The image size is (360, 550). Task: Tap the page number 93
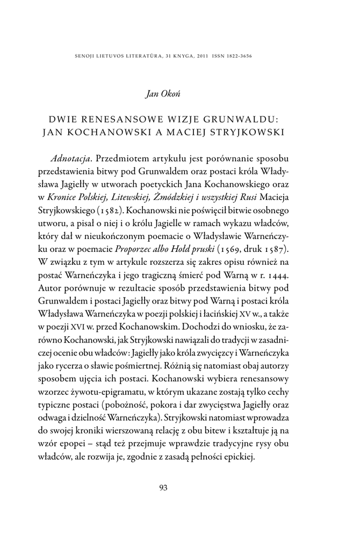coord(164,488)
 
